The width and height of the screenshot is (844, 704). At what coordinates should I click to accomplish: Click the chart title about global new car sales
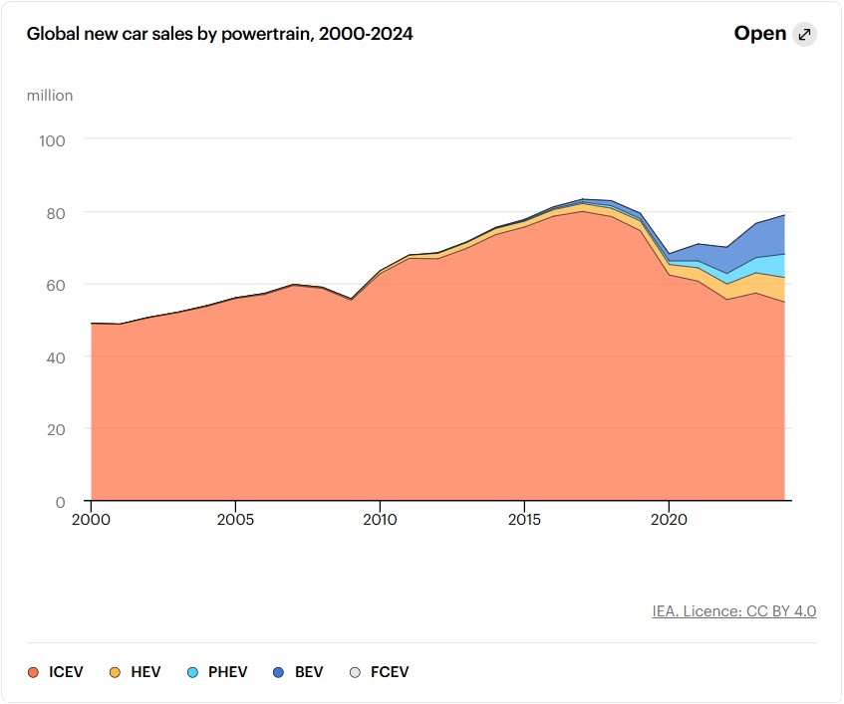click(219, 34)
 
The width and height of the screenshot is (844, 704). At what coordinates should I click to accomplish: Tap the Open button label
click(760, 34)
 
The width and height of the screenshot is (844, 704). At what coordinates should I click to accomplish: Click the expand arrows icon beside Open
click(805, 35)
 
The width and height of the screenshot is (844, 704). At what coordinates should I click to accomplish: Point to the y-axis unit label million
click(50, 96)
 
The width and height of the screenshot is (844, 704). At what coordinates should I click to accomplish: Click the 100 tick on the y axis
click(52, 140)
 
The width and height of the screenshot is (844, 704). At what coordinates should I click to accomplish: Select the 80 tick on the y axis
click(55, 213)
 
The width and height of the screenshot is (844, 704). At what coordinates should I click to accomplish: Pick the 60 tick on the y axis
click(55, 285)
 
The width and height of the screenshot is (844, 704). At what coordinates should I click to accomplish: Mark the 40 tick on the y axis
click(55, 357)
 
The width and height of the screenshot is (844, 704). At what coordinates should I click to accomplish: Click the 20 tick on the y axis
click(55, 429)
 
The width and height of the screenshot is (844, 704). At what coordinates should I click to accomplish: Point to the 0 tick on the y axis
click(60, 502)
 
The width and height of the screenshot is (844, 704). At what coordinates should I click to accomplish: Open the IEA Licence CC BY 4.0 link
click(734, 611)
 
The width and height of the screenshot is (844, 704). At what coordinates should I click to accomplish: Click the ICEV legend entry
click(56, 672)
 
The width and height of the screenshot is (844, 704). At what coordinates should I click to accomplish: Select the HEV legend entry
click(134, 672)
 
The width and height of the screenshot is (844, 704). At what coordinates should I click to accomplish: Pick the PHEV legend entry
click(216, 672)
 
